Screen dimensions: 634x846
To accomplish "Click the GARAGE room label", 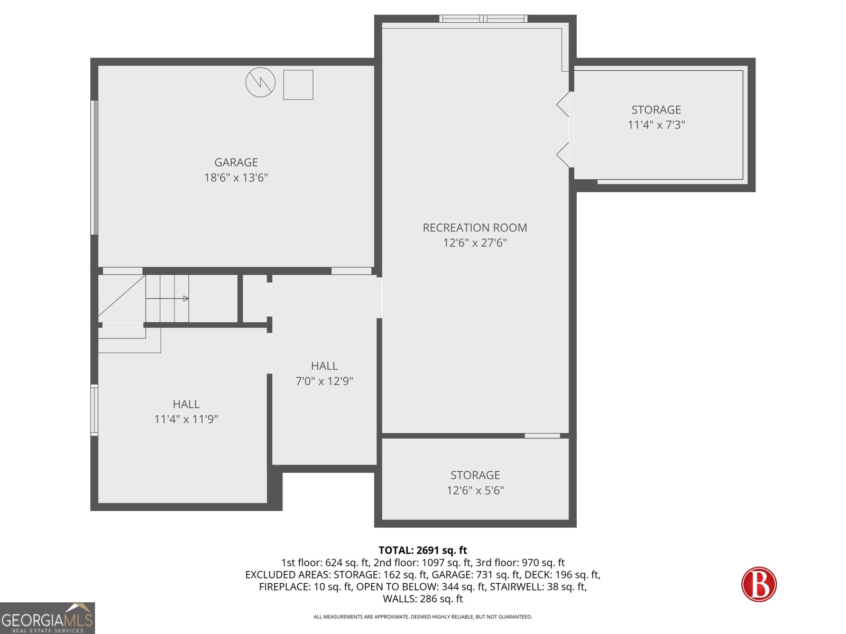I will pyautogui.click(x=236, y=163).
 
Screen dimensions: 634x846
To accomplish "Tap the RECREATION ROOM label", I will pyautogui.click(x=475, y=228).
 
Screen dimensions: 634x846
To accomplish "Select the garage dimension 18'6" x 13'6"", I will pyautogui.click(x=236, y=178).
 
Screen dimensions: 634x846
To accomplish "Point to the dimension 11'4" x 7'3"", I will pyautogui.click(x=656, y=125).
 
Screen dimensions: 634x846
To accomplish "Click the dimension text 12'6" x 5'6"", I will pyautogui.click(x=475, y=490).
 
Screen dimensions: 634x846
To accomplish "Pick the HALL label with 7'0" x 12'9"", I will pyautogui.click(x=324, y=366).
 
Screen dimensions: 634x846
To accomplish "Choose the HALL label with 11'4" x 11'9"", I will pyautogui.click(x=186, y=404).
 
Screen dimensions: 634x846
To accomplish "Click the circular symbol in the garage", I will pyautogui.click(x=261, y=82).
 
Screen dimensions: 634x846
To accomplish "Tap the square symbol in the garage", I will pyautogui.click(x=298, y=85).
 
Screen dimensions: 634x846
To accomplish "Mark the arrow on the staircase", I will pyautogui.click(x=185, y=299).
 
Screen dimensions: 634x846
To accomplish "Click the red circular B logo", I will pyautogui.click(x=759, y=584).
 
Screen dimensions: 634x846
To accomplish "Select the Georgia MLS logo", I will pyautogui.click(x=48, y=618).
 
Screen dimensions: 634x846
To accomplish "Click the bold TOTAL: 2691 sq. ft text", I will pyautogui.click(x=422, y=550).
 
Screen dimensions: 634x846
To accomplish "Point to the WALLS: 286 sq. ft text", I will pyautogui.click(x=422, y=599).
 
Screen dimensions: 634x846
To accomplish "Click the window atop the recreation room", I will pyautogui.click(x=483, y=19).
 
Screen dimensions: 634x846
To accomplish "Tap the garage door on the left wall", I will pyautogui.click(x=94, y=167).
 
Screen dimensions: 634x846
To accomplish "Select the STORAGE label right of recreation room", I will pyautogui.click(x=656, y=110).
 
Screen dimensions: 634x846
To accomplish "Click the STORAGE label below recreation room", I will pyautogui.click(x=475, y=475).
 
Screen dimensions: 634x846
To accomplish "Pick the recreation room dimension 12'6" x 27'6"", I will pyautogui.click(x=475, y=243).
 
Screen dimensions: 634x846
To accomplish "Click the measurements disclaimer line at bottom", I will pyautogui.click(x=422, y=617).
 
